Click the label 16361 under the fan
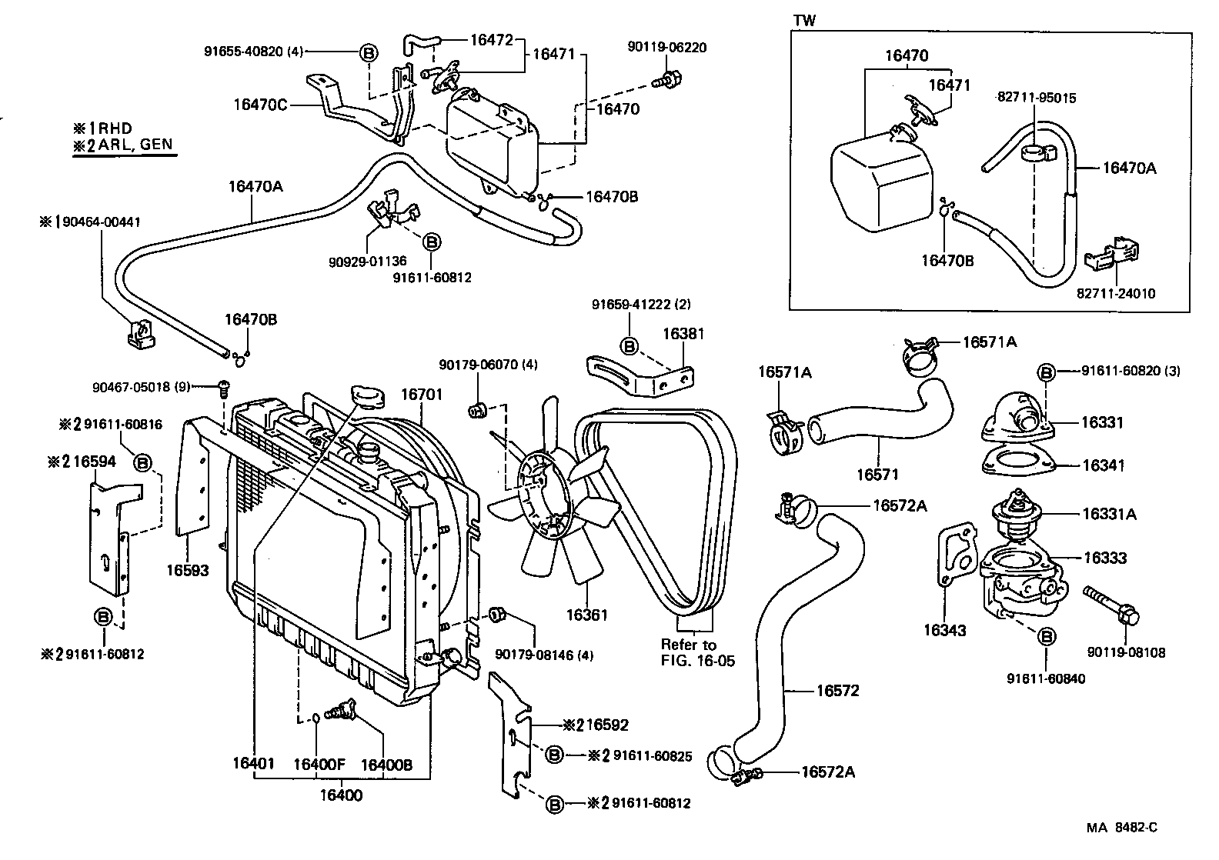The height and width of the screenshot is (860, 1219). pyautogui.click(x=587, y=615)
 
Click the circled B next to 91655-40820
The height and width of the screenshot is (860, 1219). pyautogui.click(x=369, y=52)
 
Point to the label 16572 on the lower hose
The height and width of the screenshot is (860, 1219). pyautogui.click(x=837, y=691)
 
